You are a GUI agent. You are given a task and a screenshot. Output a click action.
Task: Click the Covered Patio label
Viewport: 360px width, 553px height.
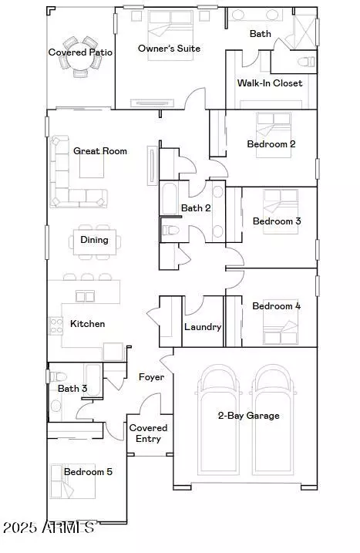pos(80,52)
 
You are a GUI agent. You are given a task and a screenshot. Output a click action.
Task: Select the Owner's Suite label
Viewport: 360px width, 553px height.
pos(169,49)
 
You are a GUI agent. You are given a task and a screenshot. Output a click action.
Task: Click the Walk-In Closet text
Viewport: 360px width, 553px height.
pos(270,83)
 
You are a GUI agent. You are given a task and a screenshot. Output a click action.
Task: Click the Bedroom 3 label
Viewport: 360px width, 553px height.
pos(277,221)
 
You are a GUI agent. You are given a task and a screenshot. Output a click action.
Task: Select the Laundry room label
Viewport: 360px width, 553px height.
pos(203,327)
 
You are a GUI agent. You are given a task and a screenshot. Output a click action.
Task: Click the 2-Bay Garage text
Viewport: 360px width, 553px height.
pos(247,416)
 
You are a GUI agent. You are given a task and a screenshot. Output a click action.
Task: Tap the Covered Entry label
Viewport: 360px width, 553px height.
pos(148,433)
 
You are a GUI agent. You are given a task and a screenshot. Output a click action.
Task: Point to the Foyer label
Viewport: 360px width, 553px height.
pos(151,377)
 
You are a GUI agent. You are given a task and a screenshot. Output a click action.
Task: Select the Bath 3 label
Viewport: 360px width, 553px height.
pos(72,389)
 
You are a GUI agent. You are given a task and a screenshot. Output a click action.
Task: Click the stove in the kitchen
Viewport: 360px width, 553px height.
pos(56,325)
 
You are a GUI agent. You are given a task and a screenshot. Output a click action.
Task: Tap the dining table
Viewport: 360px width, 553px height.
pos(95,240)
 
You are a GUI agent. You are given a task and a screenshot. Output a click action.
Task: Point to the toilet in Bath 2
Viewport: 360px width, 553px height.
pos(170,230)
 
